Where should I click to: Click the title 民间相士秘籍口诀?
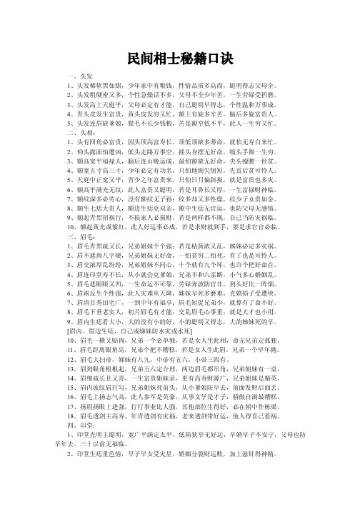tap(179, 54)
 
